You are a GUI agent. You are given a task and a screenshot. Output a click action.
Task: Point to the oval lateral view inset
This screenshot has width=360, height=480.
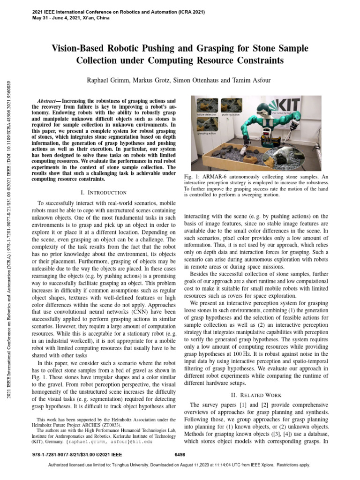[x=289, y=157]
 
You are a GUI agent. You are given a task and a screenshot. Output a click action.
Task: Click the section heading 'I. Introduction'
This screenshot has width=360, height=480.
[x=104, y=192]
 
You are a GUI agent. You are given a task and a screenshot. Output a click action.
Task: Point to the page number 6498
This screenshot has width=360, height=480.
[x=180, y=454]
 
